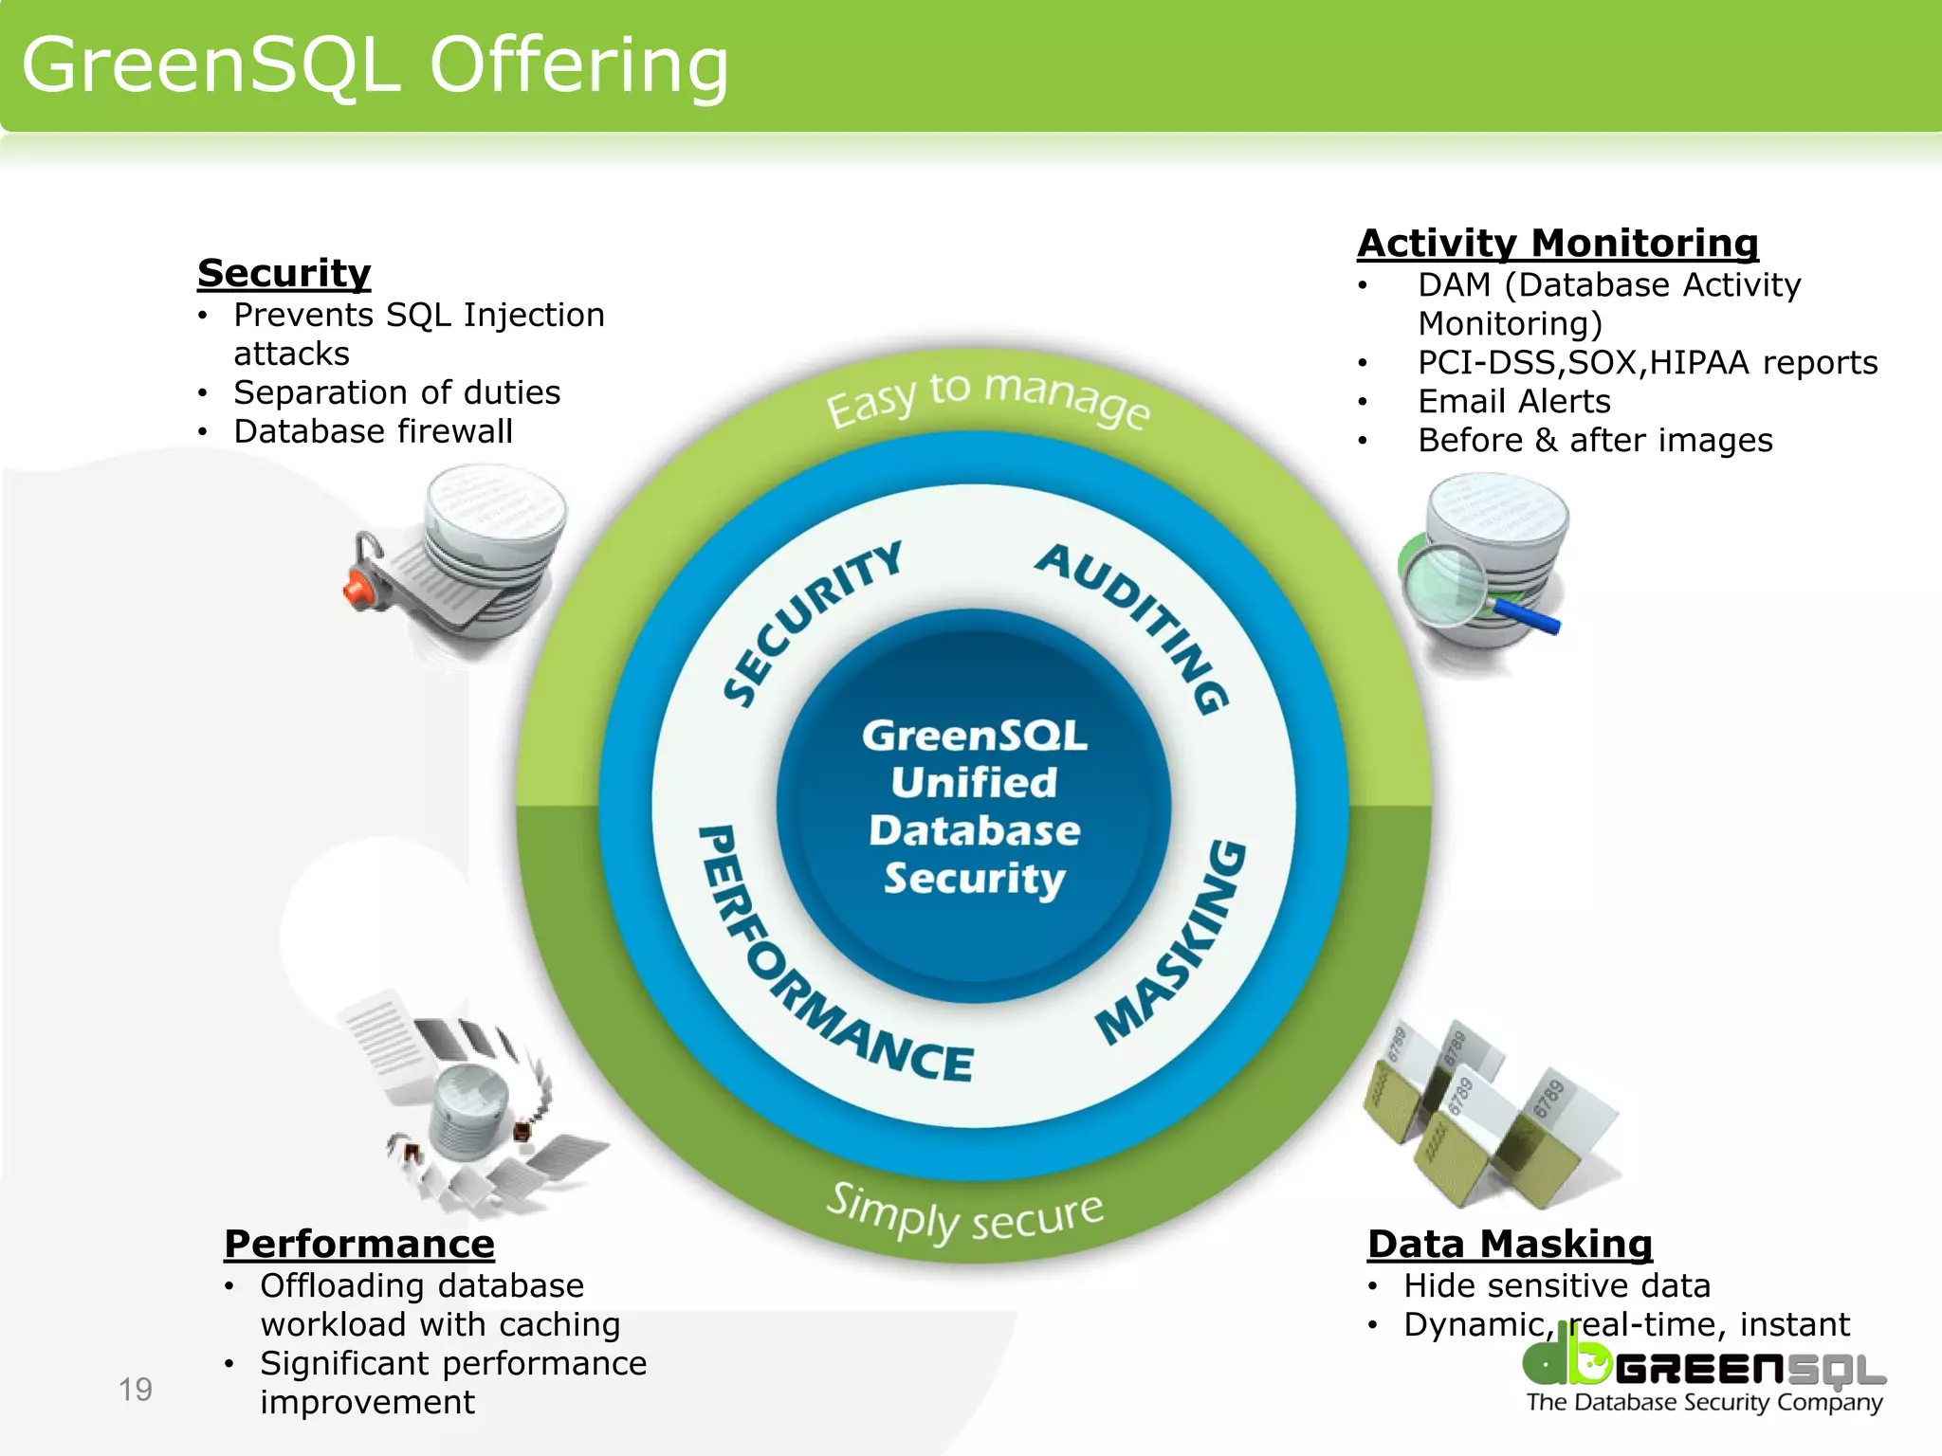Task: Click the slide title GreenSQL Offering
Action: coord(376,66)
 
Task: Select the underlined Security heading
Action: coord(284,273)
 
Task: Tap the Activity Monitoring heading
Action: coord(1557,244)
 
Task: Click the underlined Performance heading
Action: coord(358,1244)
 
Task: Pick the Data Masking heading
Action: coord(1510,1244)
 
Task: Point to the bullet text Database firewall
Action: coord(373,432)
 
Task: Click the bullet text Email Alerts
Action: coord(1513,402)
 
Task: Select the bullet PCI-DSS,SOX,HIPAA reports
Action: coord(1647,363)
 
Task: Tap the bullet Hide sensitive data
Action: coord(1557,1286)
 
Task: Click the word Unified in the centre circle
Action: coord(973,783)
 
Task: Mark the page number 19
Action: coord(136,1390)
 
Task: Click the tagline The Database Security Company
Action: coord(1704,1402)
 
